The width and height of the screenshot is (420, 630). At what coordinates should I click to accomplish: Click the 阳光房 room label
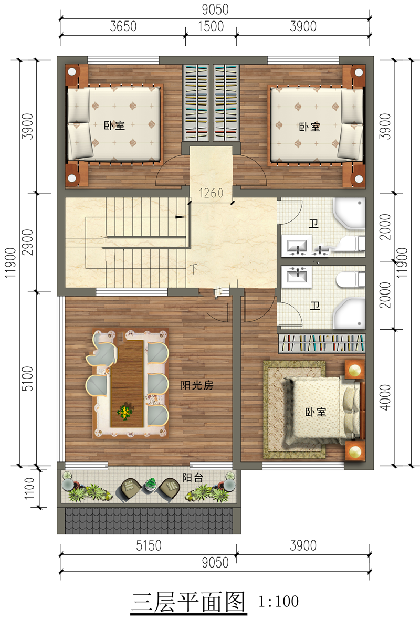[x=197, y=385]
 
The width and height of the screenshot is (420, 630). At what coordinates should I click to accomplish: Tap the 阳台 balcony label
[x=193, y=478]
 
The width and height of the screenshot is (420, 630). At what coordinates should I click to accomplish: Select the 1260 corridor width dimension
[x=211, y=193]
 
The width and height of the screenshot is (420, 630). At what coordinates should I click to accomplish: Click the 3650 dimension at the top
[x=123, y=27]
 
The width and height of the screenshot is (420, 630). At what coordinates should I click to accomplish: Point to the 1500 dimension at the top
[x=211, y=27]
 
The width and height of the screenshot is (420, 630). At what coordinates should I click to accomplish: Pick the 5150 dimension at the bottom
[x=149, y=546]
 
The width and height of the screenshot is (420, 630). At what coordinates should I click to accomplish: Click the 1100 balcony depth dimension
[x=29, y=488]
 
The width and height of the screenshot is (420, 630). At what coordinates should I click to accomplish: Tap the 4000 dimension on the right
[x=385, y=397]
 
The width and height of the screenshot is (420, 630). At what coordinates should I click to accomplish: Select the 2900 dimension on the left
[x=28, y=242]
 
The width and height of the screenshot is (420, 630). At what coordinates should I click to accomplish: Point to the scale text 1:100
[x=278, y=602]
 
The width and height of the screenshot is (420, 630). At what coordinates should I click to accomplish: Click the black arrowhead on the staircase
[x=181, y=217]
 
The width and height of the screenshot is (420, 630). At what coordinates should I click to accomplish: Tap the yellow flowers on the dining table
[x=125, y=412]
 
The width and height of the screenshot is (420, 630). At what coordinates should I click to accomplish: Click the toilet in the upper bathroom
[x=348, y=244]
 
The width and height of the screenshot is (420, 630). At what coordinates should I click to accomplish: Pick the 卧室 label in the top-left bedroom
[x=114, y=125]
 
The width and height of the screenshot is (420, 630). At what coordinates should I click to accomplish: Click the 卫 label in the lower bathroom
[x=315, y=306]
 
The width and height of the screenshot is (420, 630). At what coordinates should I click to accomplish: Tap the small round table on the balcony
[x=151, y=485]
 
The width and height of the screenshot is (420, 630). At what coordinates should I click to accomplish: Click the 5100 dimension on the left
[x=28, y=379]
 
